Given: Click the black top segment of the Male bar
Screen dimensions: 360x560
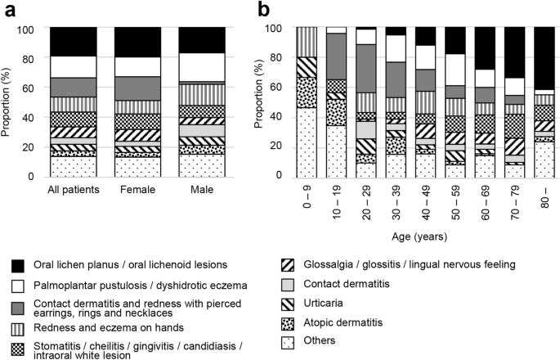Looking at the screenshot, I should click(201, 40).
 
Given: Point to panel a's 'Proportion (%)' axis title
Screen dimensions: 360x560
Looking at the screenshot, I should click(8, 102).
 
